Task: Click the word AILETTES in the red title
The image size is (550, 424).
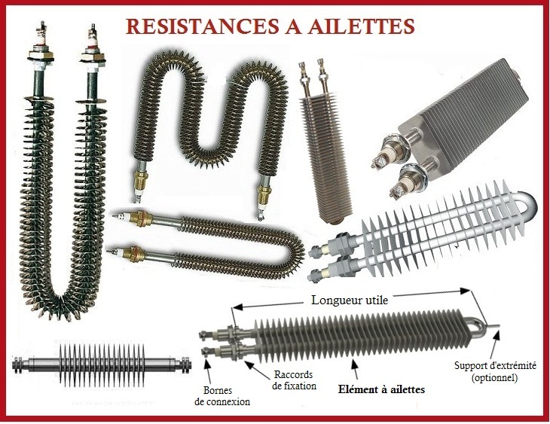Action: [x=362, y=26]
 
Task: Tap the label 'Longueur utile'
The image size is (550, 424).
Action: [x=350, y=300]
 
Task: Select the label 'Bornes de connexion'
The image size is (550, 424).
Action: [x=222, y=396]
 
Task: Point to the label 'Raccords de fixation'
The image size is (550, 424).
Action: [x=294, y=380]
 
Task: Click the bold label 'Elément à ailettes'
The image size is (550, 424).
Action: [x=381, y=389]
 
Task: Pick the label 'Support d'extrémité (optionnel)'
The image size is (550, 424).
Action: [x=495, y=371]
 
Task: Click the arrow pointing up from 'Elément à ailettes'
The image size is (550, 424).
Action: [x=356, y=370]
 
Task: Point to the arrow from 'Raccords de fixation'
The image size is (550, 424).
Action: [x=258, y=371]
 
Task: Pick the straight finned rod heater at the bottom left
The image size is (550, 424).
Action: [x=102, y=364]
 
